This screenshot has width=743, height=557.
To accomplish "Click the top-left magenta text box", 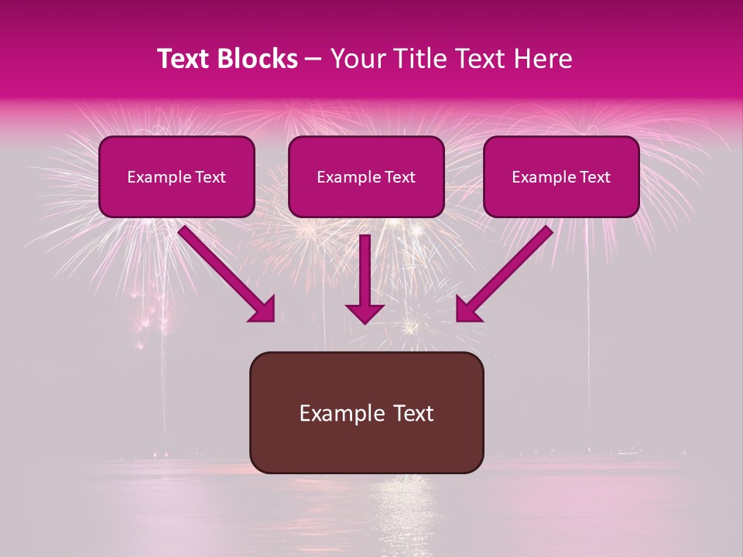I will click(x=176, y=176).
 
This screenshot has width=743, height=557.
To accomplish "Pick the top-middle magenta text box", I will click(x=366, y=176).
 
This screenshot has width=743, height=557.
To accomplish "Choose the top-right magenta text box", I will click(x=561, y=176).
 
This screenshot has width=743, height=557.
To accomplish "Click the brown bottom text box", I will click(x=366, y=412).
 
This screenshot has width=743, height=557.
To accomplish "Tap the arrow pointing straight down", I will click(x=365, y=275).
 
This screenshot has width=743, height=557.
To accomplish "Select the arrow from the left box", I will click(x=224, y=271).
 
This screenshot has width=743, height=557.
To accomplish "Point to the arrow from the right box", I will click(x=507, y=271).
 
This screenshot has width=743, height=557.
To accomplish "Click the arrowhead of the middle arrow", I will click(x=365, y=312).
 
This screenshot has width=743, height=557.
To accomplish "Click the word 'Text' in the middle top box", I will click(x=399, y=177).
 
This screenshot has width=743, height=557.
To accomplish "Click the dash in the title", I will click(x=313, y=59).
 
